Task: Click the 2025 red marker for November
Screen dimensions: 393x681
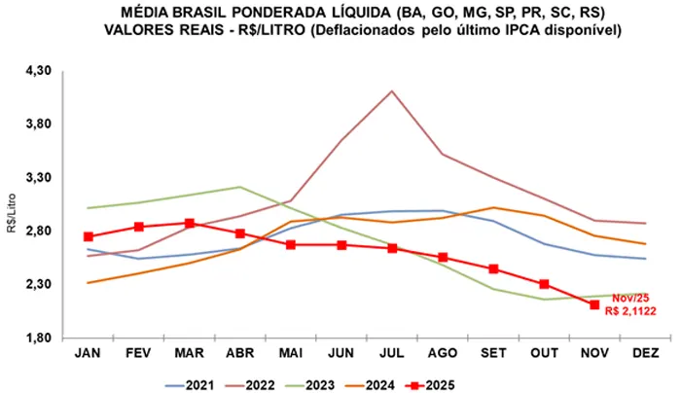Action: click(594, 304)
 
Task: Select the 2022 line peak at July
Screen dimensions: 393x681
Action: click(392, 91)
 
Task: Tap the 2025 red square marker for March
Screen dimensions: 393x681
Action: click(190, 224)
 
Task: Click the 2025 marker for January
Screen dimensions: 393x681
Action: click(89, 236)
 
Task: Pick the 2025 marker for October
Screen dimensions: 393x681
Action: click(544, 284)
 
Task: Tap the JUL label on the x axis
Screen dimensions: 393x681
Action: click(392, 353)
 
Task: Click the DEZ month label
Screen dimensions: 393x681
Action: click(645, 353)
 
